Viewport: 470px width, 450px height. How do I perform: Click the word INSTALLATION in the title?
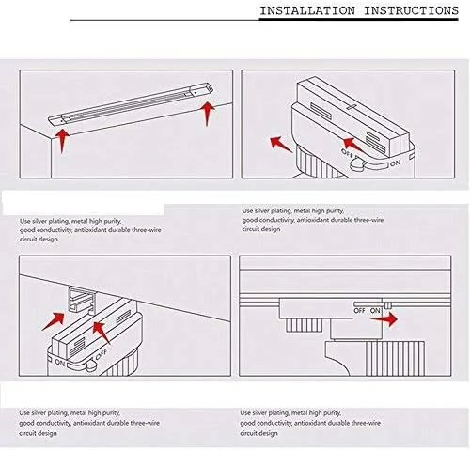coord(307,11)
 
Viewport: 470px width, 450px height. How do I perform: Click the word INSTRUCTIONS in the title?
coord(411,11)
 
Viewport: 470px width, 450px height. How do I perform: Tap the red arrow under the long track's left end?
coord(63,141)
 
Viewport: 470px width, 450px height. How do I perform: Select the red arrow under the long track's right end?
coord(207,114)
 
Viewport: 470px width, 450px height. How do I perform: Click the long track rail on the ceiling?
coord(131,103)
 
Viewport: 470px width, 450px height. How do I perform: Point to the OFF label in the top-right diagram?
coord(347,153)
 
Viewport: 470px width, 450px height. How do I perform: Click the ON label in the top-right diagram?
coord(396,163)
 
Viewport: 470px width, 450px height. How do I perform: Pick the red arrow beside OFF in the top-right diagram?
coord(353,146)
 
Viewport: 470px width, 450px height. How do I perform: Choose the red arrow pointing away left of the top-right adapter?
coord(281,144)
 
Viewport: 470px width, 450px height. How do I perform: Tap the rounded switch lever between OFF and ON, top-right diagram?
coord(357,163)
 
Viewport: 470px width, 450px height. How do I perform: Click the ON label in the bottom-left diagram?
coord(59,363)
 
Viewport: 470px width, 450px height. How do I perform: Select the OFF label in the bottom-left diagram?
coord(102,354)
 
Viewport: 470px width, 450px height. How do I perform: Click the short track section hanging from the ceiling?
coord(83,300)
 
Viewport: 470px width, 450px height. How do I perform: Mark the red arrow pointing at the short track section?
coord(54,321)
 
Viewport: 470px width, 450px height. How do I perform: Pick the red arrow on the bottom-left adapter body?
coord(102,333)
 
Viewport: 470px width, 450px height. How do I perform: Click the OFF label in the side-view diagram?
coord(359,311)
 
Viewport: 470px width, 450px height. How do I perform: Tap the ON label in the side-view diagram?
coord(375,311)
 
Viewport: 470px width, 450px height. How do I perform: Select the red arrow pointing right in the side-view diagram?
coord(384,319)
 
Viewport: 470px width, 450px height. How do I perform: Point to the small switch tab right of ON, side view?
coord(388,305)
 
